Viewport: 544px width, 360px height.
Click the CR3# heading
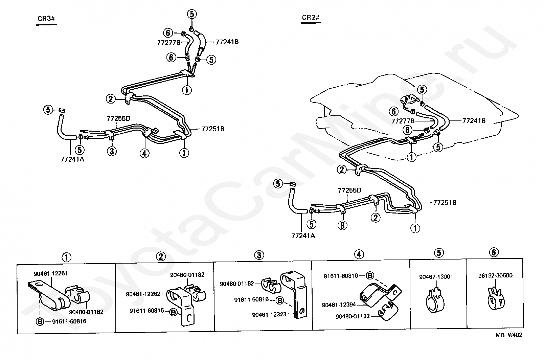pyautogui.click(x=46, y=19)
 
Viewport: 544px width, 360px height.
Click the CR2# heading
pyautogui.click(x=311, y=18)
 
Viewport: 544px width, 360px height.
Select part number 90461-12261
pyautogui.click(x=50, y=273)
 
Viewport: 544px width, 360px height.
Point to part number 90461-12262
pyautogui.click(x=143, y=294)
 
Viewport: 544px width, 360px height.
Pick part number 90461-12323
pyautogui.click(x=269, y=315)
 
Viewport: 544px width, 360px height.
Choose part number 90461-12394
pyautogui.click(x=339, y=305)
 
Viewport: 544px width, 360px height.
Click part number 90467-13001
pyautogui.click(x=436, y=277)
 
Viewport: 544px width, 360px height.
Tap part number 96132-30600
pyautogui.click(x=495, y=275)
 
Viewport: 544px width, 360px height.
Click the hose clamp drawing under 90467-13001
pyautogui.click(x=435, y=300)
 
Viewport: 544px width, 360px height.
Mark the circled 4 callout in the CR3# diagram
pyautogui.click(x=144, y=153)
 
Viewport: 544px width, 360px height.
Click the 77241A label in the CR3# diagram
pyautogui.click(x=72, y=159)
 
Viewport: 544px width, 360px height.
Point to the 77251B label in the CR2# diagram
pyautogui.click(x=445, y=202)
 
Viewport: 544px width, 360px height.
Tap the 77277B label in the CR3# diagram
pyautogui.click(x=169, y=43)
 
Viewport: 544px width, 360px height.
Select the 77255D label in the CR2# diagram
pyautogui.click(x=349, y=190)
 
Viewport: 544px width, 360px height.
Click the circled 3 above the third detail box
pyautogui.click(x=259, y=255)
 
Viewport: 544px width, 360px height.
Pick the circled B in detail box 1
pyautogui.click(x=40, y=322)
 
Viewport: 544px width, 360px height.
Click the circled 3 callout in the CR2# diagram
pyautogui.click(x=342, y=225)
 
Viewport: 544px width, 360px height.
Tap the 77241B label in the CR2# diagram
pyautogui.click(x=474, y=121)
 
